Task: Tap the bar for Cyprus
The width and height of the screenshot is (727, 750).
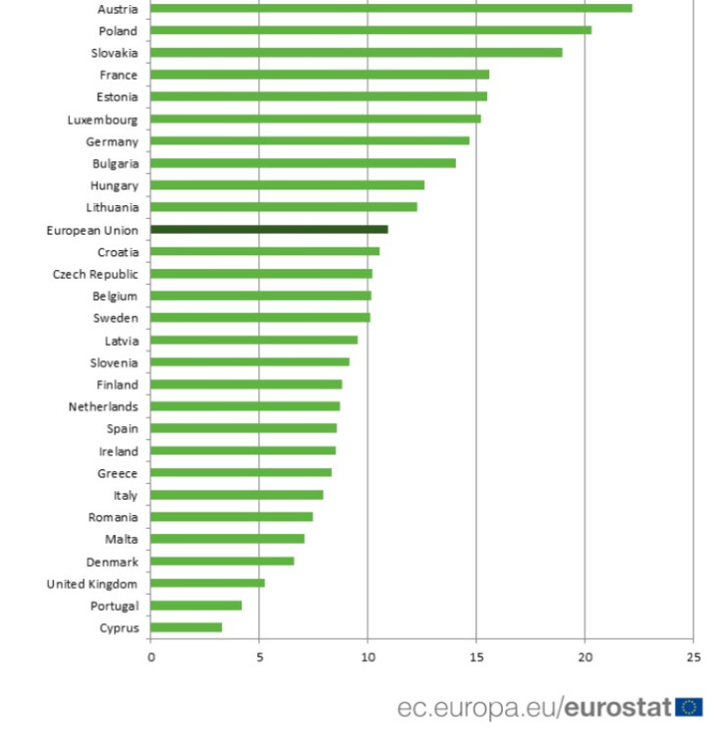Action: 187,627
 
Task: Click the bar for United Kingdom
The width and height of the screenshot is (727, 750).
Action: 207,583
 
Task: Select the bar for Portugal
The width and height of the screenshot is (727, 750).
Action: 196,605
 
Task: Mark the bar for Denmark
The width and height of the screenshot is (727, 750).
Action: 222,561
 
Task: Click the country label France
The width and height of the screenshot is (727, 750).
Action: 118,75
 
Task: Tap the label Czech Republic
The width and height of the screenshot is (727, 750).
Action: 95,274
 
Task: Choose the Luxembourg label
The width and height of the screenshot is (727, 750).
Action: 102,119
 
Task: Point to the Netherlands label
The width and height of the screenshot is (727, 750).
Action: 103,406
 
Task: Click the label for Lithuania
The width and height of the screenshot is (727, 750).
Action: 112,207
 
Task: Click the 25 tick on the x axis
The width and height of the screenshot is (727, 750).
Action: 693,657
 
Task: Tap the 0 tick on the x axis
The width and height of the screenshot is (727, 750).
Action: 151,657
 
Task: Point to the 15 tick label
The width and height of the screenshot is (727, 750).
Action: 476,657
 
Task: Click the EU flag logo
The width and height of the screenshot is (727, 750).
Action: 689,707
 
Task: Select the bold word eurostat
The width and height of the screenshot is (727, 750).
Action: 618,707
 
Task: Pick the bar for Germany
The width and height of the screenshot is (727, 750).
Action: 309,140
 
